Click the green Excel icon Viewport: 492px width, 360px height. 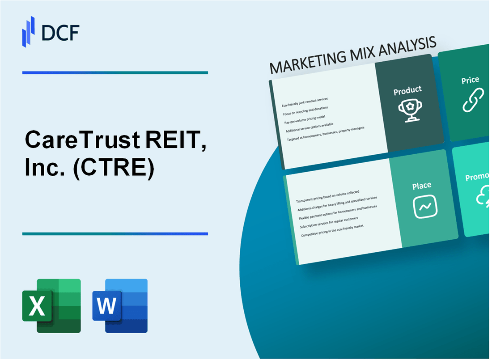[x=51, y=306]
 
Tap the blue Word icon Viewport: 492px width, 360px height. [x=120, y=306]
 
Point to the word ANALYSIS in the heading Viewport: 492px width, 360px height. [x=407, y=48]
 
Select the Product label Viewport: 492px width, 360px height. [x=407, y=90]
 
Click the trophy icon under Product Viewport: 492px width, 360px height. [x=408, y=110]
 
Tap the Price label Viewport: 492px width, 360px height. [x=470, y=80]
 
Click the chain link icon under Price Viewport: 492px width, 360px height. [x=473, y=100]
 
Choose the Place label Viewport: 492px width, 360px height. [x=422, y=185]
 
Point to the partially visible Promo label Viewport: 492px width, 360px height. [x=477, y=178]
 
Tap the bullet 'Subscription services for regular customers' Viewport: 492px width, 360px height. [x=331, y=222]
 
